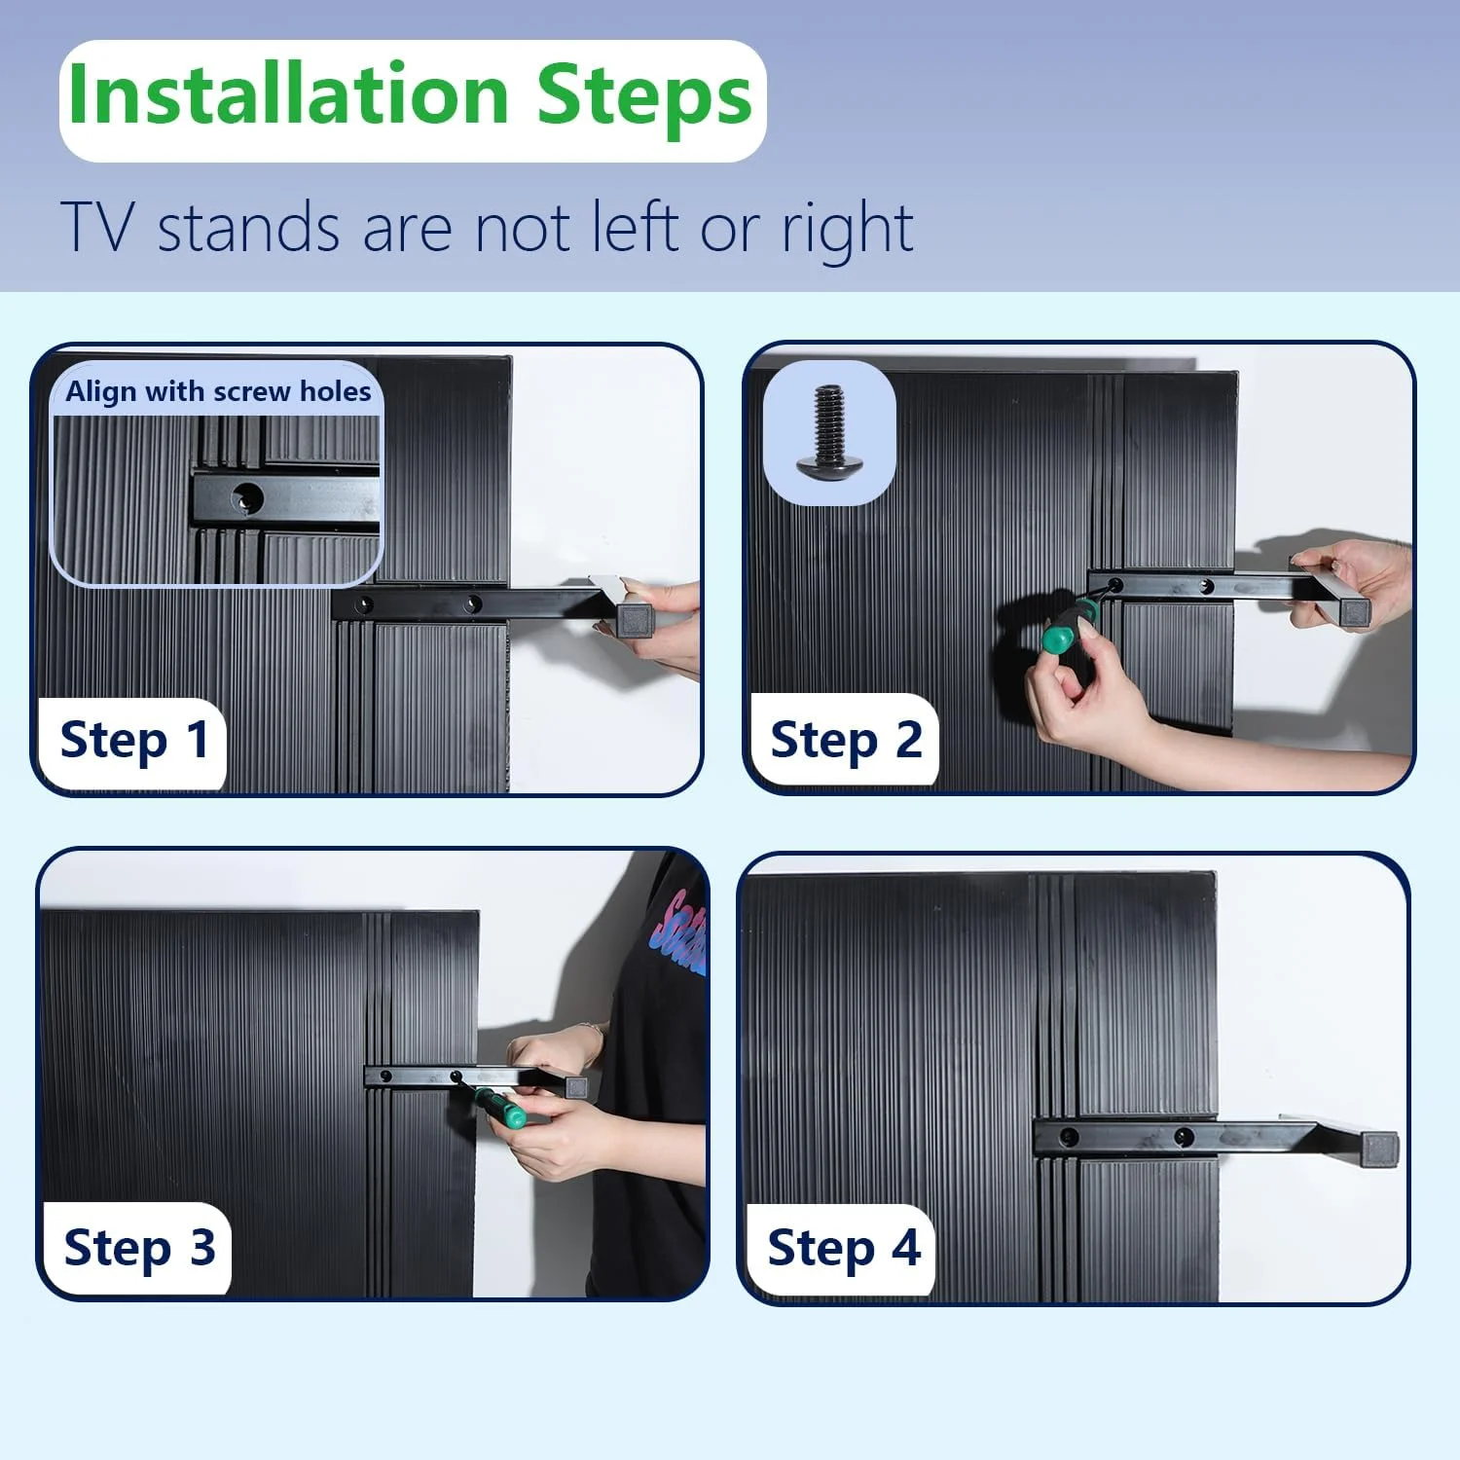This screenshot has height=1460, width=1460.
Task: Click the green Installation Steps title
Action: pyautogui.click(x=411, y=95)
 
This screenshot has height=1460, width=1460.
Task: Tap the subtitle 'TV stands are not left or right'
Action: pyautogui.click(x=487, y=227)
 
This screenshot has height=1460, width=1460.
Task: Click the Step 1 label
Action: pyautogui.click(x=134, y=741)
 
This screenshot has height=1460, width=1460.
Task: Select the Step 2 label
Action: pyautogui.click(x=846, y=741)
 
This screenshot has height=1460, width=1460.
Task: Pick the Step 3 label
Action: pyautogui.click(x=139, y=1248)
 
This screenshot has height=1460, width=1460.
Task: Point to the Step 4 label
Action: pyautogui.click(x=843, y=1248)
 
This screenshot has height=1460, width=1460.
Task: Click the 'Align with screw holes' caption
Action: pyautogui.click(x=218, y=391)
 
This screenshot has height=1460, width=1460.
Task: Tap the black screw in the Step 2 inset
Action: pyautogui.click(x=828, y=432)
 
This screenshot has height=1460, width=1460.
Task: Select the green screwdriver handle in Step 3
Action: pyautogui.click(x=501, y=1108)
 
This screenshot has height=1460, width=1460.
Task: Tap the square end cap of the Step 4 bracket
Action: pyautogui.click(x=1379, y=1150)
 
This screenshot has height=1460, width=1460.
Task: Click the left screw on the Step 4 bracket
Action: pyautogui.click(x=1069, y=1136)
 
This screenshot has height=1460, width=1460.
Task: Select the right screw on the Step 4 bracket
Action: pyautogui.click(x=1184, y=1136)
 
